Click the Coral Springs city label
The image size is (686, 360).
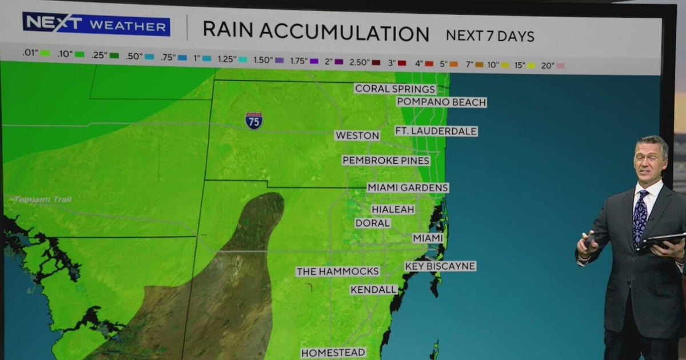pos(395,89)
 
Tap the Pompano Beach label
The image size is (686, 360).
pos(441,102)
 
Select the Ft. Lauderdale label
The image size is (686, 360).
pos(436,131)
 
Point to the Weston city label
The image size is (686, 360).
pos(357,135)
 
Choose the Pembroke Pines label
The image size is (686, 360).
pos(386,161)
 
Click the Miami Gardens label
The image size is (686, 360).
pos(408,187)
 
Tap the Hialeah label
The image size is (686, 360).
pos(393,210)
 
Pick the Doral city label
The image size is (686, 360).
pos(373,223)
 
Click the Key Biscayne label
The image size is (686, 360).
pos(440,266)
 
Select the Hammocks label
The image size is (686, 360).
pos(337,271)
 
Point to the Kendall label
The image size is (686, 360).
pos(374,290)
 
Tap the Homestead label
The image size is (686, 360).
pos(333,353)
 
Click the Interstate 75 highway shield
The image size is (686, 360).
pos(254,121)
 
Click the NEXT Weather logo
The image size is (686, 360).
pos(96,24)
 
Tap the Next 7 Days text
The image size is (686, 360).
pos(490,35)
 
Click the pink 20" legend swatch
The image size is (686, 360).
pos(560,66)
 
